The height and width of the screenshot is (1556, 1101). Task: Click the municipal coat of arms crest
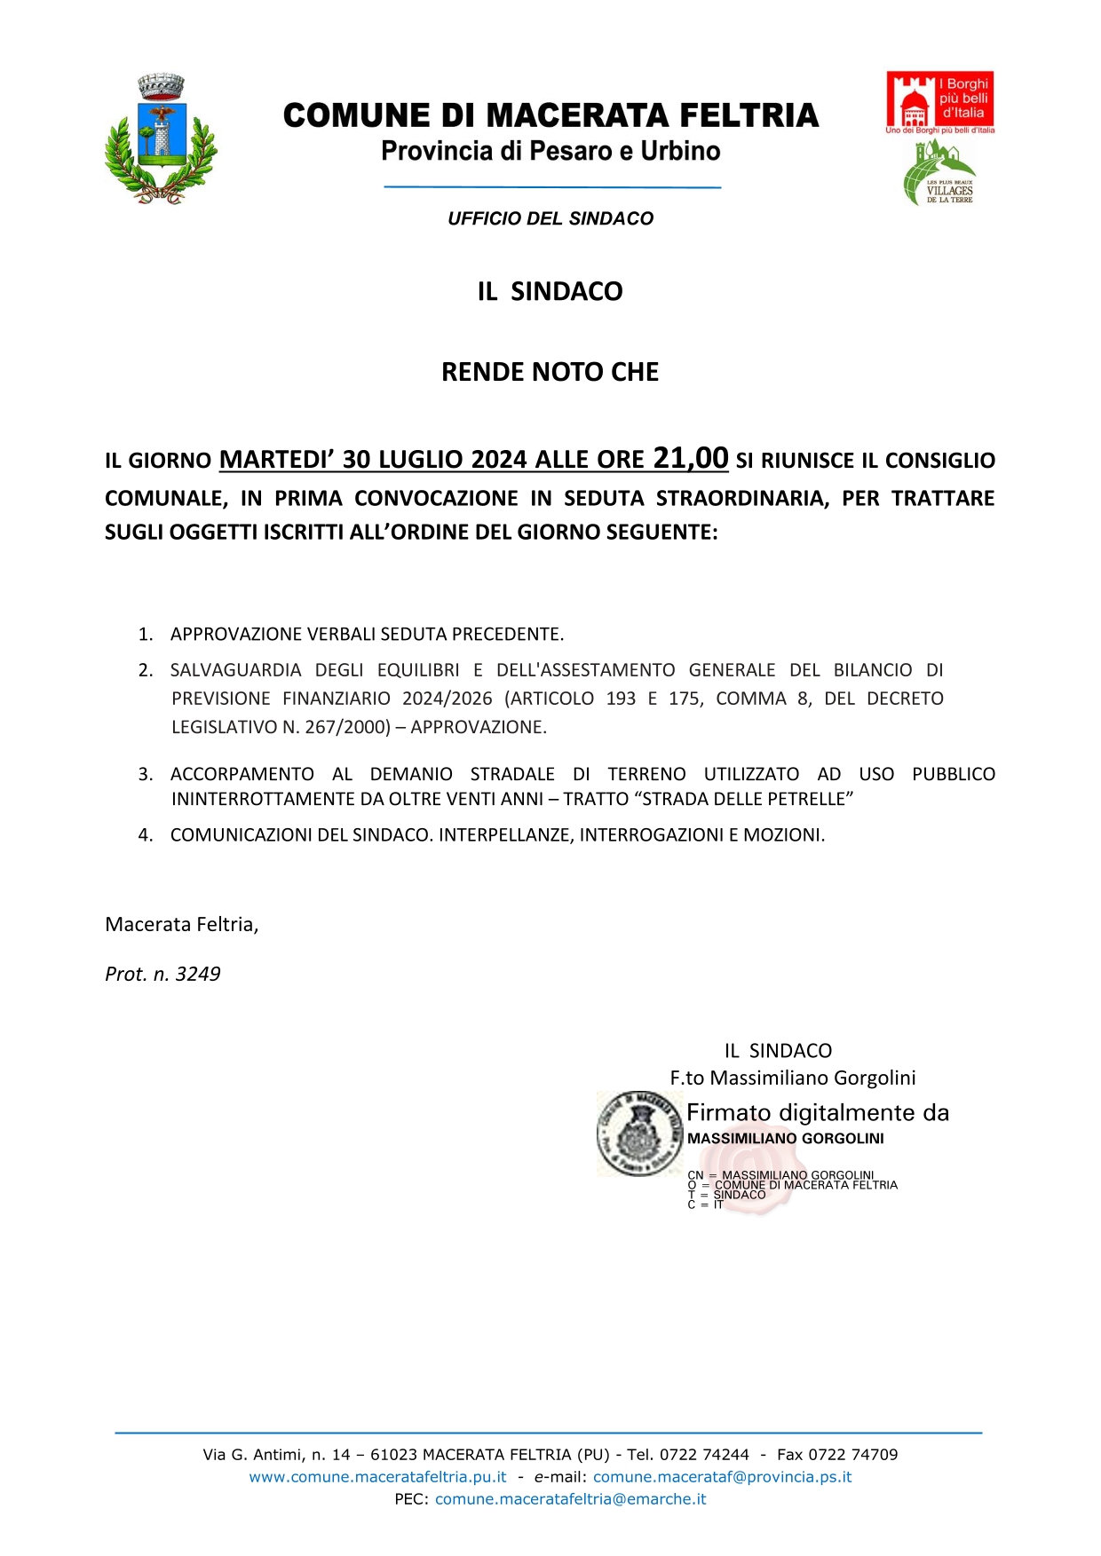161,139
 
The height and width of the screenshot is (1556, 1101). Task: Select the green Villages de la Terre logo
939,173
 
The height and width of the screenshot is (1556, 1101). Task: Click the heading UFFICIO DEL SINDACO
550,218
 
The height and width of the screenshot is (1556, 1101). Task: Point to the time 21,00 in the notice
690,458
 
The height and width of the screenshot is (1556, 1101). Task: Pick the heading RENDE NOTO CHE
550,372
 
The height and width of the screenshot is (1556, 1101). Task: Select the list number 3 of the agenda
146,774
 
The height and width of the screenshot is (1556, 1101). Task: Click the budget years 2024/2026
447,699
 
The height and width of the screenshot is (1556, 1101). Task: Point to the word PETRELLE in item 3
803,799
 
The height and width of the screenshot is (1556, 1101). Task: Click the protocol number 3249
198,974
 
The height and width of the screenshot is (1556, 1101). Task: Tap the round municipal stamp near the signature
640,1133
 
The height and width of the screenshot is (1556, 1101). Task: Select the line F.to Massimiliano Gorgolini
792,1078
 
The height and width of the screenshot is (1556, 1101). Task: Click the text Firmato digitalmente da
817,1113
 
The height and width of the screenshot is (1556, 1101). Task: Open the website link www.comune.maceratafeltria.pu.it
377,1477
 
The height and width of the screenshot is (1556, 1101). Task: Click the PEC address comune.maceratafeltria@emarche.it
570,1499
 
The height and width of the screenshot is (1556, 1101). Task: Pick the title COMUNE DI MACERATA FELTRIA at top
550,115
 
